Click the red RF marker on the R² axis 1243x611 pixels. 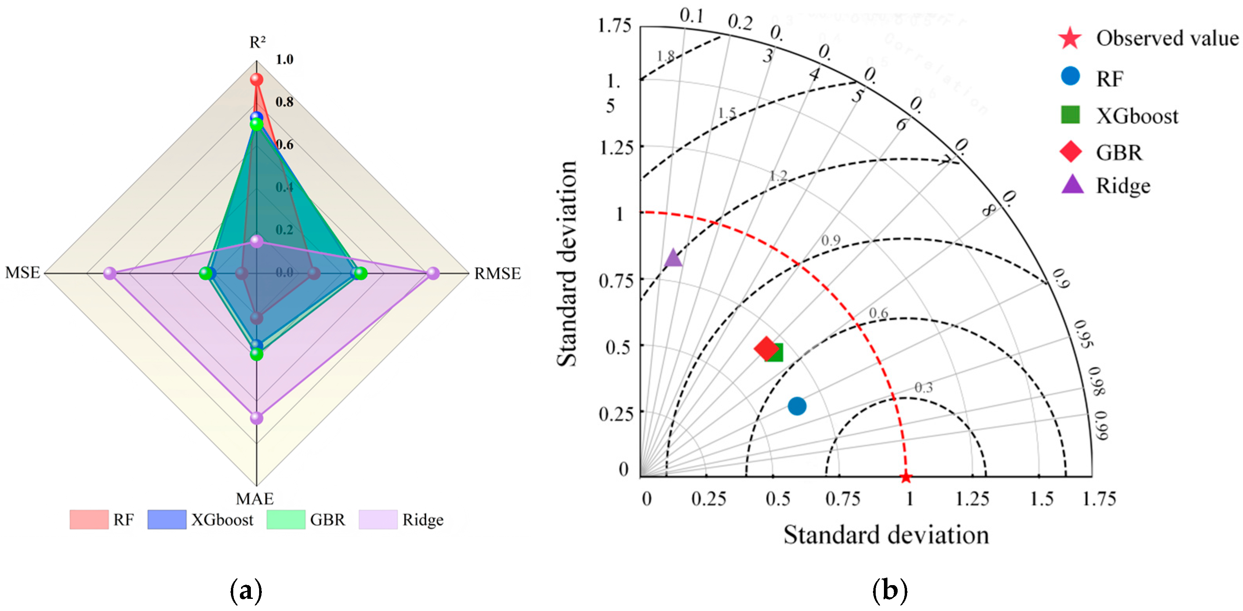(256, 79)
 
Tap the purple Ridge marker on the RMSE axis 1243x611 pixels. (433, 274)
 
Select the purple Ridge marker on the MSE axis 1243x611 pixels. (111, 274)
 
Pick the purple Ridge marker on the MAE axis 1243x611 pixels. (257, 418)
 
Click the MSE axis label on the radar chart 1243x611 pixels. (23, 273)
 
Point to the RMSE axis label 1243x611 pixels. (497, 274)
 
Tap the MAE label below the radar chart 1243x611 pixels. (255, 498)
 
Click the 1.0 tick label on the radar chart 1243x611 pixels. (284, 59)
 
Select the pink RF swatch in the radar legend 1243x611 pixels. (89, 520)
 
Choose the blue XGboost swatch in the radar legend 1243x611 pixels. (167, 520)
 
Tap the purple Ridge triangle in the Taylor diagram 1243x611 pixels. (673, 258)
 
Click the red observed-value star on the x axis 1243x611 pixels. (906, 477)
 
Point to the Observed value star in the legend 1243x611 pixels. (1070, 38)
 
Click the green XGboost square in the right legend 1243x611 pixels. (1070, 115)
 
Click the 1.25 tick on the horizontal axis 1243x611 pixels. (972, 499)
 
